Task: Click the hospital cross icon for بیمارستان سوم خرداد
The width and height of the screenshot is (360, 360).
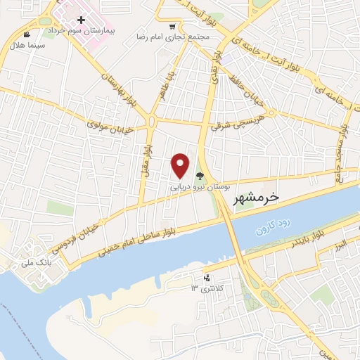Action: pyautogui.click(x=82, y=22)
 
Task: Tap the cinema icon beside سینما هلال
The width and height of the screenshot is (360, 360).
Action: pyautogui.click(x=27, y=34)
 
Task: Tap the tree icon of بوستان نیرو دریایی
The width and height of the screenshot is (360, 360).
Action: pyautogui.click(x=200, y=177)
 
